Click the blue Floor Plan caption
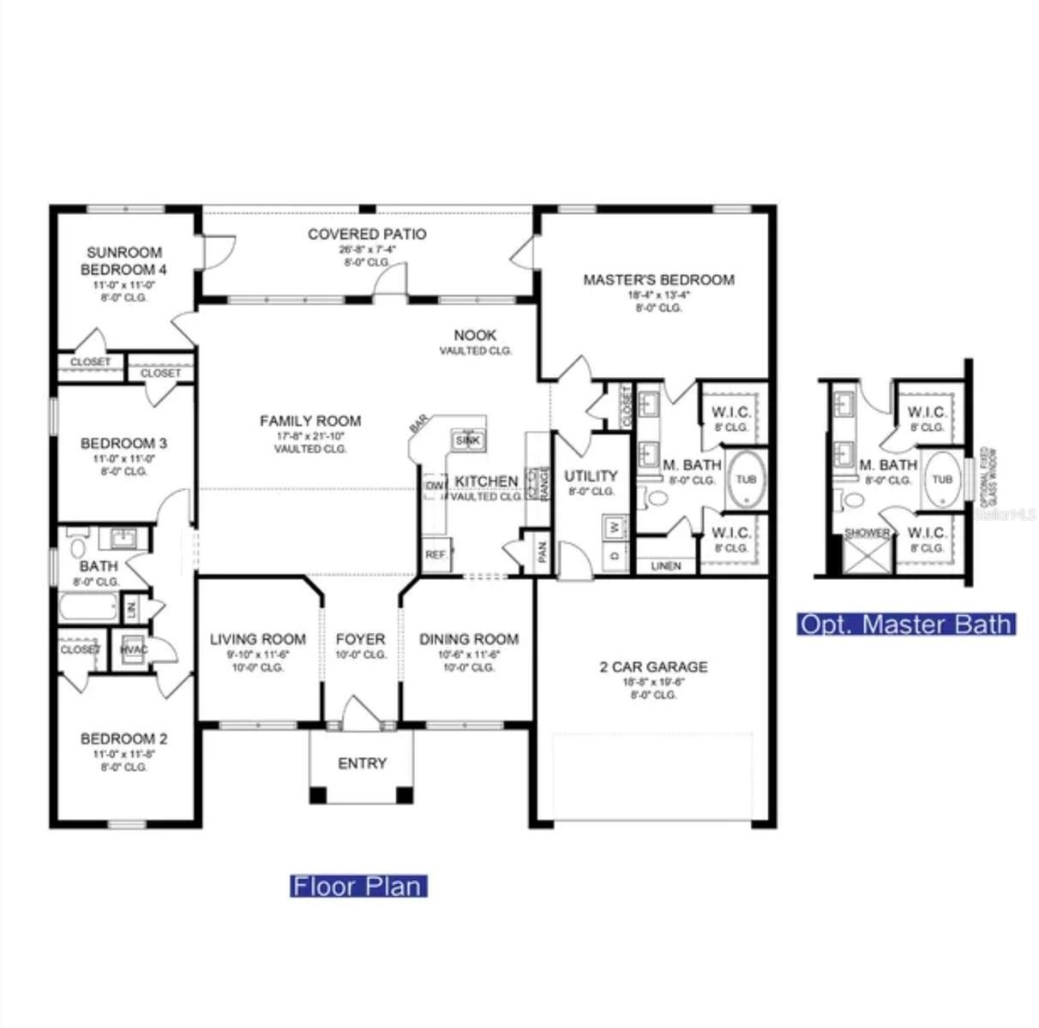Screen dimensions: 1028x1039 tap(358, 885)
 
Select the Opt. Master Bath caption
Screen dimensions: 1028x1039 tap(906, 624)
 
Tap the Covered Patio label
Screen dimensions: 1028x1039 tap(367, 234)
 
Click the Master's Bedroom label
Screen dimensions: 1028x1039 tap(658, 279)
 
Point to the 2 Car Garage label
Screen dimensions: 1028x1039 tap(653, 666)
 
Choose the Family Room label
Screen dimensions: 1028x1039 tap(310, 421)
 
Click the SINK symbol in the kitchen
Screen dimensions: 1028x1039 tap(467, 439)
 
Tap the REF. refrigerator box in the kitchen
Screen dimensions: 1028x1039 tap(435, 555)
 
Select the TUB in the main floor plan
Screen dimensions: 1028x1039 tap(746, 480)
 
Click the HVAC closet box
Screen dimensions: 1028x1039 tap(135, 649)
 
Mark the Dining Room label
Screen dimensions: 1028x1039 tap(469, 639)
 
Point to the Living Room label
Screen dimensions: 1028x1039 tap(258, 639)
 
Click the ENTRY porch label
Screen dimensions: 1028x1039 tap(362, 763)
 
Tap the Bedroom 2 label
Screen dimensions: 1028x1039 tap(124, 738)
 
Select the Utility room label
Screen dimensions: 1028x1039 tap(591, 476)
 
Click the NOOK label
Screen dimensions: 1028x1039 tap(475, 335)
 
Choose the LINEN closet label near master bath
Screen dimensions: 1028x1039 tap(666, 566)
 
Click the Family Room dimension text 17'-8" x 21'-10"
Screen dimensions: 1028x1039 tap(310, 436)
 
